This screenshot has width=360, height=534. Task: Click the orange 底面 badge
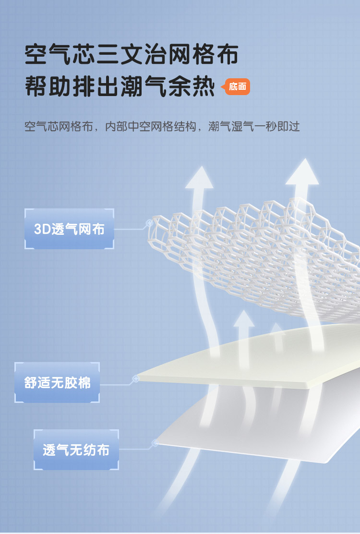[x=238, y=87]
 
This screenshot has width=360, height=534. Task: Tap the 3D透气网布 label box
[x=69, y=229]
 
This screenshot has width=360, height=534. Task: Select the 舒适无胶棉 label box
[x=57, y=383]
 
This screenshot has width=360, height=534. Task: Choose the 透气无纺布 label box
[x=76, y=450]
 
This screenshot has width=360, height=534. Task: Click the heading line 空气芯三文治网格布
[x=132, y=54]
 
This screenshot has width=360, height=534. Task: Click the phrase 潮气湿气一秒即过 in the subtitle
[x=254, y=127]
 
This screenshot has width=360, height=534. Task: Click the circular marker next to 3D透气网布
[x=149, y=223]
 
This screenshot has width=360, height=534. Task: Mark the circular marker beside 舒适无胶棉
[x=135, y=379]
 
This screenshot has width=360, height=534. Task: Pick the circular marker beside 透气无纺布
[x=155, y=443]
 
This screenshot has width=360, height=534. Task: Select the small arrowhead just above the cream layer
[x=244, y=319]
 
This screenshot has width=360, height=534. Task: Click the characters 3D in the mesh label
[x=42, y=229]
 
